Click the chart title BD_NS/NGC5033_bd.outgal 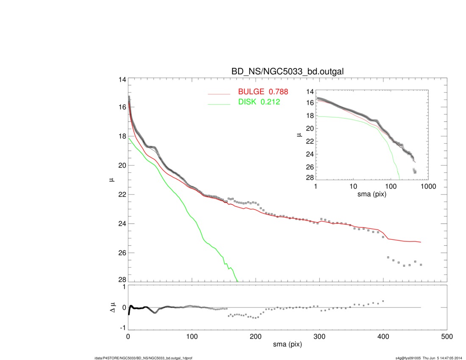coord(286,72)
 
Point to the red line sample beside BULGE coord(219,94)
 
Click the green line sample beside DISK coord(219,103)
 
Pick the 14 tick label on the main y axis coord(122,80)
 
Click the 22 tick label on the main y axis coord(122,194)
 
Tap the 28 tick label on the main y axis coord(122,280)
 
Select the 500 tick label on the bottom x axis coord(447,337)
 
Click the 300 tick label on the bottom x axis coord(319,337)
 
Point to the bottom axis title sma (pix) coord(287,346)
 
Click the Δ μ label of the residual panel coord(112,307)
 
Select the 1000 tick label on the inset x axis coord(428,186)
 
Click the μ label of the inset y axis coord(299,135)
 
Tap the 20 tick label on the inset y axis coord(310,128)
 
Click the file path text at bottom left coord(143,358)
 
